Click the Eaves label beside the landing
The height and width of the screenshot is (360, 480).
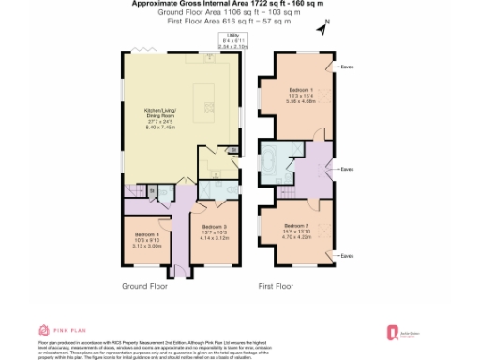(347, 170)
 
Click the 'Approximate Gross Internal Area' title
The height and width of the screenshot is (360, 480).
(235, 4)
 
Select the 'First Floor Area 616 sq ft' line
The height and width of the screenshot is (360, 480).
(235, 19)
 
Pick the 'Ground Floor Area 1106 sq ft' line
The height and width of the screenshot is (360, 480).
(235, 11)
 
